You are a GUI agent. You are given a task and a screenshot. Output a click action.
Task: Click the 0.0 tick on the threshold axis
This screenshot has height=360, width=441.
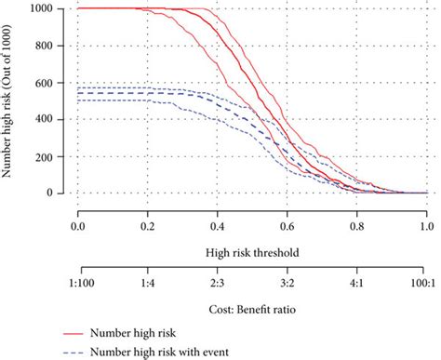[x=78, y=225]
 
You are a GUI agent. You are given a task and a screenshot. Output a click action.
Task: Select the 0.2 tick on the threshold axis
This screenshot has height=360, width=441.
[x=148, y=225]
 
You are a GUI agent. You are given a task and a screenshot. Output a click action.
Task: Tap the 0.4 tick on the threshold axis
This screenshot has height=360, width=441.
[x=218, y=225]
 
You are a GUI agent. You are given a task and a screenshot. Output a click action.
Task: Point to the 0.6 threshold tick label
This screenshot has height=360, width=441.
[x=287, y=225]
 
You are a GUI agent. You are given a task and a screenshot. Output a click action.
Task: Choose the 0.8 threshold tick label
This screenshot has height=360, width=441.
[x=356, y=225]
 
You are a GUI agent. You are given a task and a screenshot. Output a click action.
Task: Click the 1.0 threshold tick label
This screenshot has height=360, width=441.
[x=425, y=225]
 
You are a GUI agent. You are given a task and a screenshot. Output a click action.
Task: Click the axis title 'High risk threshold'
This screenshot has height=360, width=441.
[x=251, y=251]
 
